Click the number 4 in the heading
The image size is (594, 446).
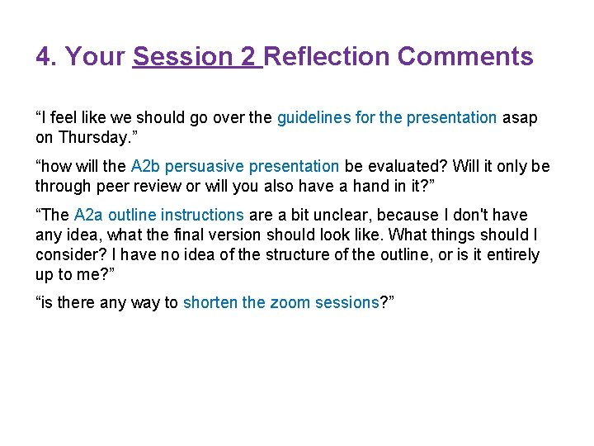click(44, 57)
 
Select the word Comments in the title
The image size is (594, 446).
click(465, 57)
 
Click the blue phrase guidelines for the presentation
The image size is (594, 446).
click(387, 118)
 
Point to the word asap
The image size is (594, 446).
click(520, 118)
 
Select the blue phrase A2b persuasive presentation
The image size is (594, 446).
click(235, 167)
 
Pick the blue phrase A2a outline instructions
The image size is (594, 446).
click(158, 216)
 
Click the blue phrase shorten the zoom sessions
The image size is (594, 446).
click(280, 303)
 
